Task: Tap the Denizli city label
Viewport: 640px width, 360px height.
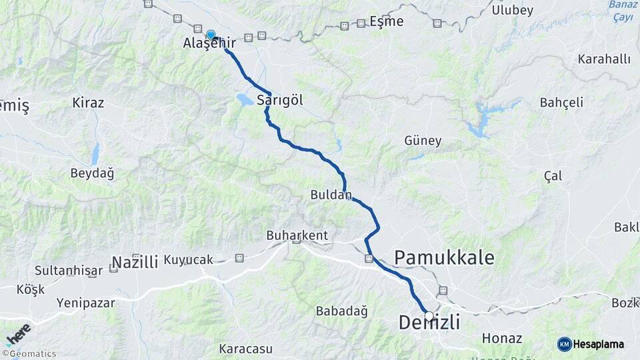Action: pyautogui.click(x=429, y=323)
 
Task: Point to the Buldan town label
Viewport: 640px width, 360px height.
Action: pyautogui.click(x=331, y=195)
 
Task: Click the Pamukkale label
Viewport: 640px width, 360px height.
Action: pyautogui.click(x=445, y=257)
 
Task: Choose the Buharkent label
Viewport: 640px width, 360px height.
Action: pyautogui.click(x=297, y=235)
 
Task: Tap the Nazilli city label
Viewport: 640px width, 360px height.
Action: pyautogui.click(x=135, y=261)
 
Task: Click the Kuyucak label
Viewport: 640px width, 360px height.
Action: pyautogui.click(x=187, y=259)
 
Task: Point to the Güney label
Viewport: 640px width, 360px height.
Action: pyautogui.click(x=423, y=141)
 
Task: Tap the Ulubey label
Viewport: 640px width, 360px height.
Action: pyautogui.click(x=512, y=10)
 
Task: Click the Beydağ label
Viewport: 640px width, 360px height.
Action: pyautogui.click(x=92, y=173)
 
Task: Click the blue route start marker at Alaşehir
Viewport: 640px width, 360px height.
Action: pyautogui.click(x=211, y=35)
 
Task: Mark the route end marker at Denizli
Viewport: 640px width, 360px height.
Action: pyautogui.click(x=428, y=316)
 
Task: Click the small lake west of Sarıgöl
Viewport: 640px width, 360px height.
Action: pyautogui.click(x=244, y=100)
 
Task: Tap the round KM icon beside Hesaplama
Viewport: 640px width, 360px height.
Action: pyautogui.click(x=565, y=344)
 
